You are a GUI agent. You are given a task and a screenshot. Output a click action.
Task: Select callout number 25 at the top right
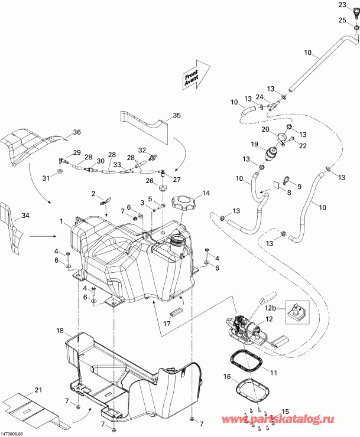pyautogui.click(x=343, y=20)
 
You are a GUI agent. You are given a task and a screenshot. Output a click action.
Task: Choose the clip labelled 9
pyautogui.click(x=284, y=182)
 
